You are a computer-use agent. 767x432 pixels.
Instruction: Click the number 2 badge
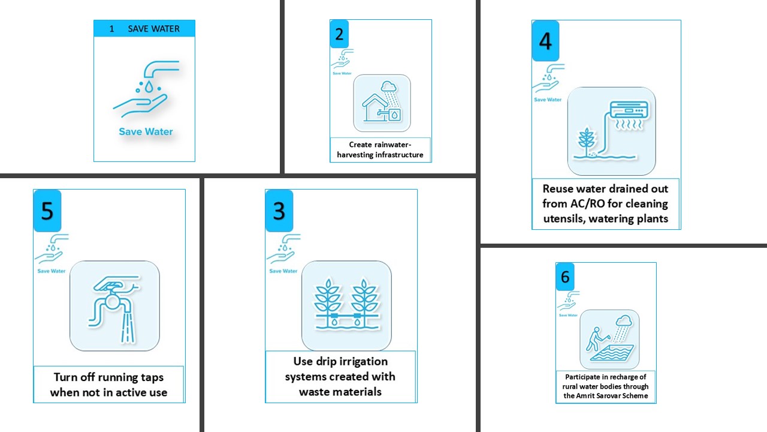(x=339, y=34)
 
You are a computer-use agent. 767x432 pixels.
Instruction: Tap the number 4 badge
(x=545, y=41)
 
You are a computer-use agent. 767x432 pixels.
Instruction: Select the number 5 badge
(x=47, y=211)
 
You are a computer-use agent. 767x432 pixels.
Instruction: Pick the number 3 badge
(x=279, y=211)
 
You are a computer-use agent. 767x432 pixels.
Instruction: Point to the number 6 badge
(x=565, y=277)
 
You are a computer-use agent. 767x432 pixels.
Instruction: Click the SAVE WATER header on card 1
(x=144, y=28)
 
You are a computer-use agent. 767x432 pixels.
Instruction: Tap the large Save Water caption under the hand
(x=146, y=131)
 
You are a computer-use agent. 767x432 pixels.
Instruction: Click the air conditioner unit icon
(x=629, y=110)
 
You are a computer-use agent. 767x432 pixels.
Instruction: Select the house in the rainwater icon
(x=375, y=107)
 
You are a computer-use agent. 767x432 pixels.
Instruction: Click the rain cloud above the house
(x=389, y=86)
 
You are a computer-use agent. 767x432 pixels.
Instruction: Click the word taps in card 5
(x=152, y=377)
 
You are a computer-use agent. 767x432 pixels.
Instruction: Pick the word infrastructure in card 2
(x=399, y=155)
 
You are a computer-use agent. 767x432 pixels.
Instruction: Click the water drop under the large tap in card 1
(x=149, y=87)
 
